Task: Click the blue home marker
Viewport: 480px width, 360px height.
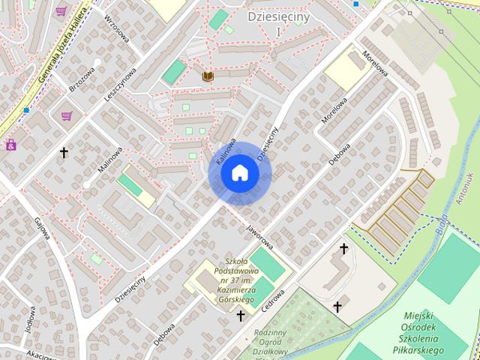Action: point(239,173)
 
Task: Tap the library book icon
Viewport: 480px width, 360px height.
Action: point(207,76)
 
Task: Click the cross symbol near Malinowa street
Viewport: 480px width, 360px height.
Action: point(64,153)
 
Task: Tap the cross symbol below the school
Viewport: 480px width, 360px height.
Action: point(241,316)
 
